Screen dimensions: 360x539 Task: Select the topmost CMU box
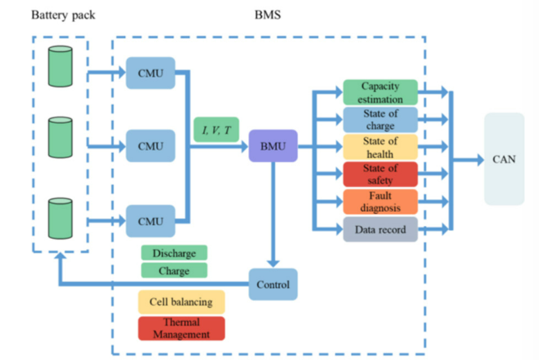pyautogui.click(x=150, y=72)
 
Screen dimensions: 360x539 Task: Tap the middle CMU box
pyautogui.click(x=150, y=145)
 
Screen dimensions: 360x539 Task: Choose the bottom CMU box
pyautogui.click(x=150, y=221)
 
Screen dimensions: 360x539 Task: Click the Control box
pyautogui.click(x=273, y=284)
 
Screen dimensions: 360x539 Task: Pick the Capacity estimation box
pyautogui.click(x=380, y=92)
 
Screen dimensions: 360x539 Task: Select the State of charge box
pyautogui.click(x=380, y=120)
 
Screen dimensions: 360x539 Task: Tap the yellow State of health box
pyautogui.click(x=380, y=147)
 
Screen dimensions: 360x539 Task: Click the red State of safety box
pyautogui.click(x=380, y=174)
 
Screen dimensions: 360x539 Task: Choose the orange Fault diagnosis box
pyautogui.click(x=380, y=202)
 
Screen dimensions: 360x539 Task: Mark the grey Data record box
pyautogui.click(x=380, y=229)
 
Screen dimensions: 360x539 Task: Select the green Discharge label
pyautogui.click(x=174, y=253)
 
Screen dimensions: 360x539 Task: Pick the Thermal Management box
pyautogui.click(x=181, y=328)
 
